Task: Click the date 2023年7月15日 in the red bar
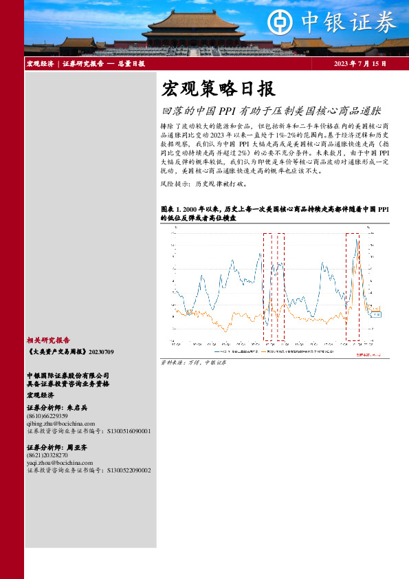coord(360,64)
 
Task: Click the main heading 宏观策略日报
coord(217,89)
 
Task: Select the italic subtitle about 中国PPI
coord(271,110)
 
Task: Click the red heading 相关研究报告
coord(48,340)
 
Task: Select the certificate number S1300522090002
coord(129,470)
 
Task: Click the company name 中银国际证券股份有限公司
coord(67,375)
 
